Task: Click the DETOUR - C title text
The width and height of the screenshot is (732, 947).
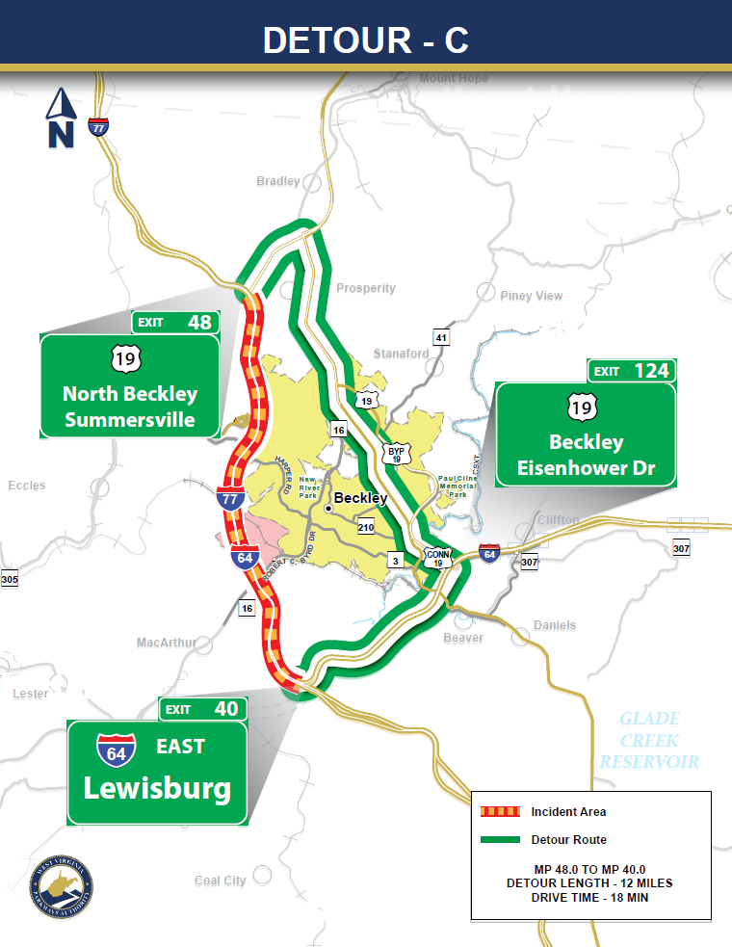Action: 365,39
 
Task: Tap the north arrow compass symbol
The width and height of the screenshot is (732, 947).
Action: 61,118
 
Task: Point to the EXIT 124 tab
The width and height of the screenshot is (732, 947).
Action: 631,371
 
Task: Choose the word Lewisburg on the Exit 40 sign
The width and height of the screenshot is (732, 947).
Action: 157,788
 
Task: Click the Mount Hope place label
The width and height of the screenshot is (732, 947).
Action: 454,78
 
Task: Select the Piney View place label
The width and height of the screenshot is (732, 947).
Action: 531,296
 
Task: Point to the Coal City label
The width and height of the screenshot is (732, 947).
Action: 220,881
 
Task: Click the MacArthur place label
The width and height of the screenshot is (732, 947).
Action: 166,643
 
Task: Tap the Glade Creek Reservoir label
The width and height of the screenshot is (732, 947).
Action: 649,740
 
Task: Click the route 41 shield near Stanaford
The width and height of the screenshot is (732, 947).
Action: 441,337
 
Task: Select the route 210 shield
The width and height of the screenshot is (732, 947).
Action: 365,528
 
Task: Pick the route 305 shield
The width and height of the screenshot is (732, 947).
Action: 10,579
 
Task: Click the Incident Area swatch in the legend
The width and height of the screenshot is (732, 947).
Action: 499,812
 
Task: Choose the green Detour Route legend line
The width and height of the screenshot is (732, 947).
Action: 499,840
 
